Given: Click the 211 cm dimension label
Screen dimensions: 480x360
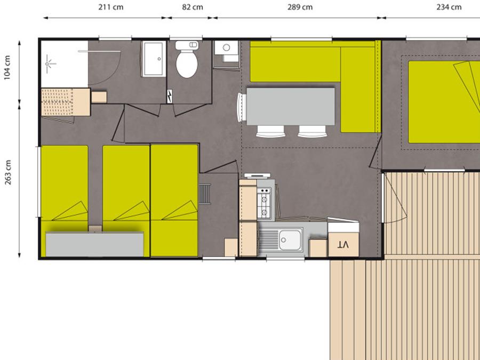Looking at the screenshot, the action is [111, 7].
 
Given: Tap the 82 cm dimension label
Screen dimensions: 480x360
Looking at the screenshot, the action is [192, 7].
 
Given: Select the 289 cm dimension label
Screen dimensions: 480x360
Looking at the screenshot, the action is [300, 7].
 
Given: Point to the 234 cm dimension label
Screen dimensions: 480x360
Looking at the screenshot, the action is [449, 7].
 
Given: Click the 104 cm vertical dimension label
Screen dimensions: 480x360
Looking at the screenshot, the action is [7, 67].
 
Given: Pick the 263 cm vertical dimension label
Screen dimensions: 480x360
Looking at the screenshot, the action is [7, 172].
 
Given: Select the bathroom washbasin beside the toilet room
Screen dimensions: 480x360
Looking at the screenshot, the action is [154, 59].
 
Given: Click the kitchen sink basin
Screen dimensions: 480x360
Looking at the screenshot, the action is [290, 240].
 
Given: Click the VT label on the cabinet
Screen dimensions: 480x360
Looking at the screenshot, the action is [343, 244].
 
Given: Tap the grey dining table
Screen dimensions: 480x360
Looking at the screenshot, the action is [291, 106].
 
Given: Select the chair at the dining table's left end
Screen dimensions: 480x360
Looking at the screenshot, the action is [242, 107].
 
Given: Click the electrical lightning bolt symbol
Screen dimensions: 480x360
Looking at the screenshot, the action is [169, 96].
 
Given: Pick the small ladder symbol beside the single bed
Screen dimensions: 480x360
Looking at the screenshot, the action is [204, 194].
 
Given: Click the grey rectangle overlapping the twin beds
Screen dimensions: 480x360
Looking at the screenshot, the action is [94, 244].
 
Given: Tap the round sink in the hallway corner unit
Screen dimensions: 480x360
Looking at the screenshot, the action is [227, 47].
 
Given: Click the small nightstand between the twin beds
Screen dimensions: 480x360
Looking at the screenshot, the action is [95, 229].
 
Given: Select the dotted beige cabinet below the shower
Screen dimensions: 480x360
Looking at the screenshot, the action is [66, 102].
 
